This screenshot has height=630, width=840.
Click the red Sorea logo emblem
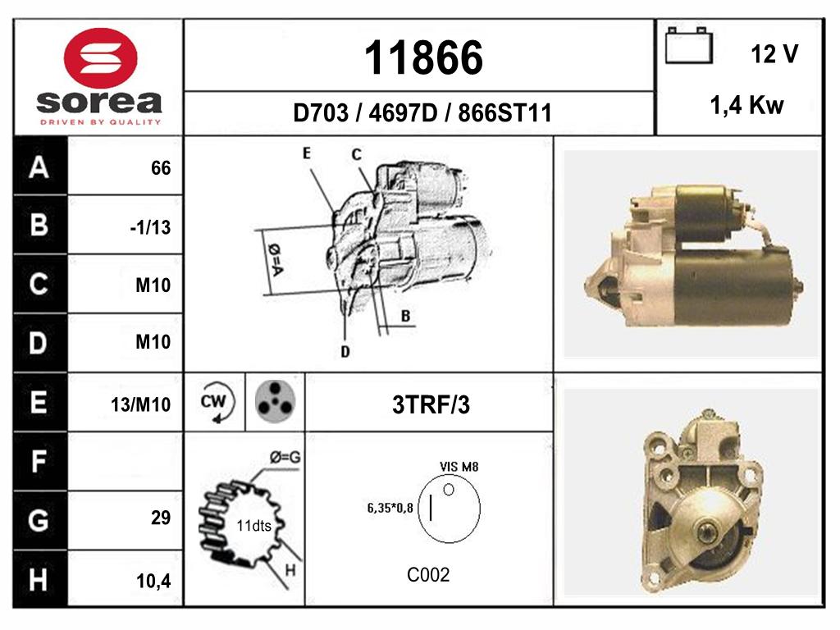(101, 58)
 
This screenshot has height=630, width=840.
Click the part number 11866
(423, 57)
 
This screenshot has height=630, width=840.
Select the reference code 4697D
(403, 113)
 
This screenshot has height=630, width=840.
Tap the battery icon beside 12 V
(689, 46)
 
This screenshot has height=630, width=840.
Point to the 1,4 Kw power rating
(746, 106)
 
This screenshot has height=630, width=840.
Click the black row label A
(39, 167)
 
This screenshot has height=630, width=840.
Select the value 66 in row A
(161, 168)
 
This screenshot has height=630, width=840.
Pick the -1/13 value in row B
(151, 228)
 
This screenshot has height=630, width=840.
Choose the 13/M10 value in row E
(141, 404)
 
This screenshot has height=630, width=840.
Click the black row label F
(39, 461)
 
